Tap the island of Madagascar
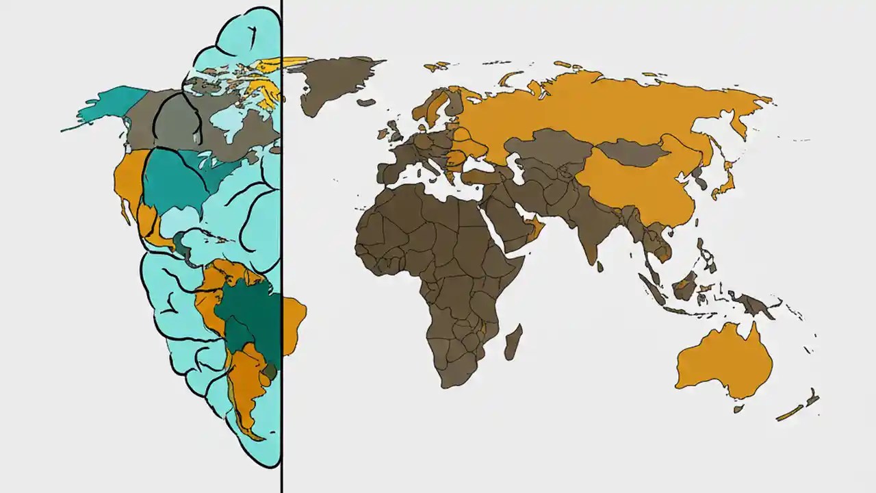[x=513, y=342]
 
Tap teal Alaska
[x=109, y=106]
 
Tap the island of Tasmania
[x=738, y=409]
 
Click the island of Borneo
[x=684, y=284]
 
